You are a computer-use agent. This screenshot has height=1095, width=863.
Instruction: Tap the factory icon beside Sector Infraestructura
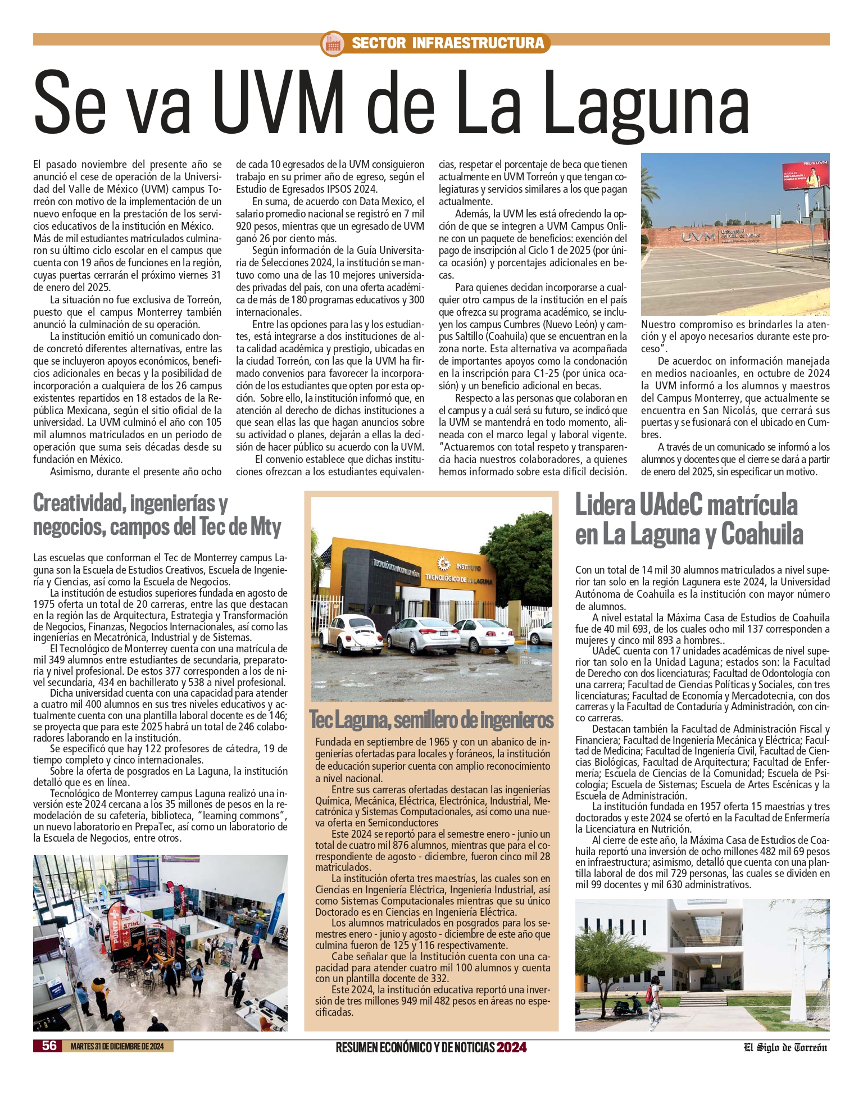(332, 43)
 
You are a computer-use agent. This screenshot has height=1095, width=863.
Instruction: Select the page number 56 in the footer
(49, 1046)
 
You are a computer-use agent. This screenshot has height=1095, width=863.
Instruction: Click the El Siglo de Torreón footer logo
(785, 1047)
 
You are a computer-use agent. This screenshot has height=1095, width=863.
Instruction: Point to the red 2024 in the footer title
(511, 1047)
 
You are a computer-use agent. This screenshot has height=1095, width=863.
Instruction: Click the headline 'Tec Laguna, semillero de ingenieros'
(431, 720)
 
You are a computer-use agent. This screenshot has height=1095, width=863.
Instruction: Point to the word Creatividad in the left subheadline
(78, 503)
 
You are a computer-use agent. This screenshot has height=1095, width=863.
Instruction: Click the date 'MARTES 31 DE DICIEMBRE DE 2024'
(117, 1046)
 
